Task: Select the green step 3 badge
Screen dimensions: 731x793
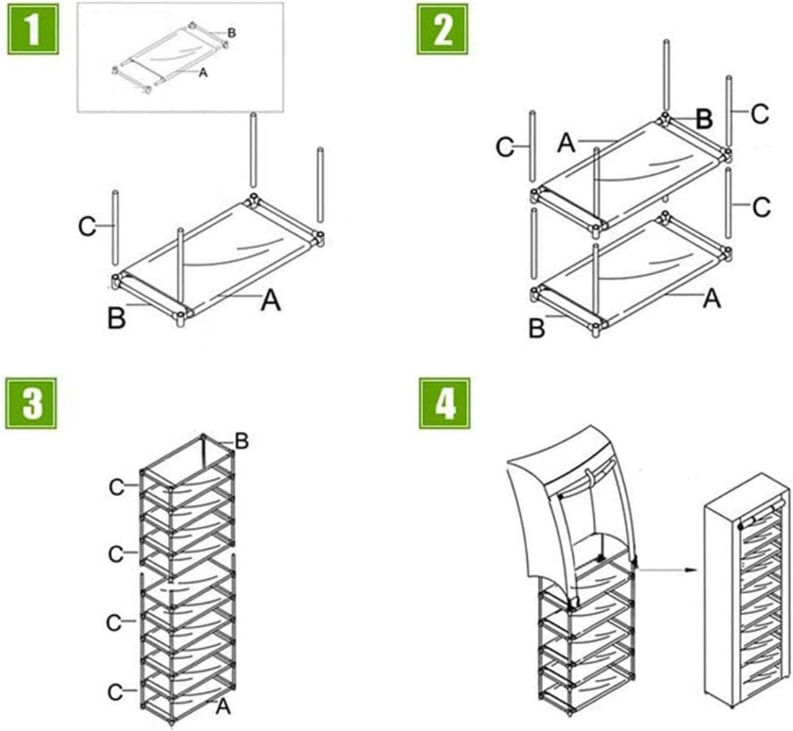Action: click(32, 403)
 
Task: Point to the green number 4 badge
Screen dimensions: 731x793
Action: click(444, 403)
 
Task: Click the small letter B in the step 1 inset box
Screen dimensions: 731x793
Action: click(232, 33)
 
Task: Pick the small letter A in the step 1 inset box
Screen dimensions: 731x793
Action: click(203, 73)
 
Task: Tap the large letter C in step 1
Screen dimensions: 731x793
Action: click(87, 227)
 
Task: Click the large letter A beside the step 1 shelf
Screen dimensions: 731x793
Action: click(271, 301)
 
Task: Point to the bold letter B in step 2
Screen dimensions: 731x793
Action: click(703, 119)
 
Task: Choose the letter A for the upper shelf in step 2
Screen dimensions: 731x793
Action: click(566, 143)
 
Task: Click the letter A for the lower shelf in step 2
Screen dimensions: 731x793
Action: click(712, 299)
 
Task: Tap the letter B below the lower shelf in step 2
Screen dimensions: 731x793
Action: click(537, 328)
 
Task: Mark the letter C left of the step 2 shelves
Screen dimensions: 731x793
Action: click(506, 147)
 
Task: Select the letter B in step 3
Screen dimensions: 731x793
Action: click(242, 442)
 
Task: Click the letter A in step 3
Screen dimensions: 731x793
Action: click(223, 706)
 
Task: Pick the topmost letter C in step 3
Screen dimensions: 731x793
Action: click(116, 488)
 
